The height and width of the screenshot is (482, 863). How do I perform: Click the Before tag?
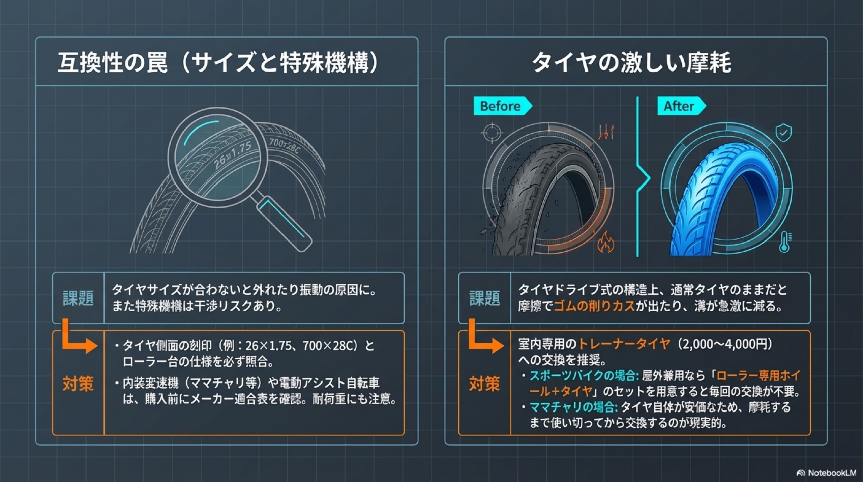[503, 106]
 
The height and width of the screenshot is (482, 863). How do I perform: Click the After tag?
[681, 106]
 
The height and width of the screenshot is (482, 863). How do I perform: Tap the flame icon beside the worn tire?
[606, 242]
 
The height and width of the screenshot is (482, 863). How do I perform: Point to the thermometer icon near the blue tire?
[785, 242]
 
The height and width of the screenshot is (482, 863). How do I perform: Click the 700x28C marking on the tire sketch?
[284, 146]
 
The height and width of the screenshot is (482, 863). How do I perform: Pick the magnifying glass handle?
[285, 224]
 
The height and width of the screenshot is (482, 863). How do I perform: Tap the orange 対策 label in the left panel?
[78, 384]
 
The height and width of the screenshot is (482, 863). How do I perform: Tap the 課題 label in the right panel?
[484, 298]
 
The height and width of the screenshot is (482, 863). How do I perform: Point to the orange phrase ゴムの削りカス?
[594, 306]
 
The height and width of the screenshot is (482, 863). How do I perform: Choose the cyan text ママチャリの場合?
[573, 407]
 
